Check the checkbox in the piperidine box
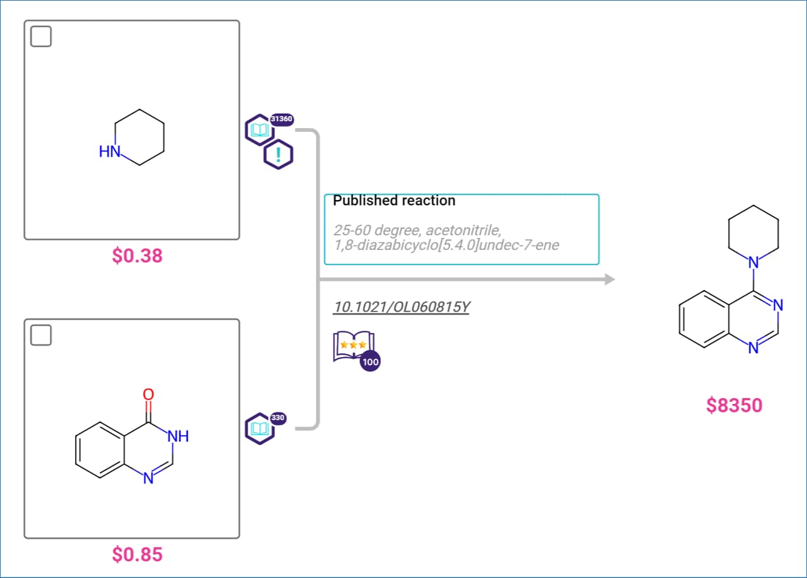point(41,37)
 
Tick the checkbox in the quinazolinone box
point(41,335)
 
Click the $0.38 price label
point(137,256)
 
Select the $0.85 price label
point(137,554)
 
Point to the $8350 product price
point(734,405)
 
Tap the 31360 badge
point(281,119)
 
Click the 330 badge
point(277,418)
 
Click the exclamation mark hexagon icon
point(278,155)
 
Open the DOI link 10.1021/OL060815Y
point(402,307)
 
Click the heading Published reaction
point(394,201)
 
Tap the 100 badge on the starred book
point(370,362)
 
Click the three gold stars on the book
point(354,345)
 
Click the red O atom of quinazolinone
point(148,394)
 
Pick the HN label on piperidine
point(110,151)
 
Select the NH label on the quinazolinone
point(178,436)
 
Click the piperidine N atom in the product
point(753,262)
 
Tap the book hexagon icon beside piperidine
point(259,130)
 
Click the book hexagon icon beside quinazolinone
point(259,428)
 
